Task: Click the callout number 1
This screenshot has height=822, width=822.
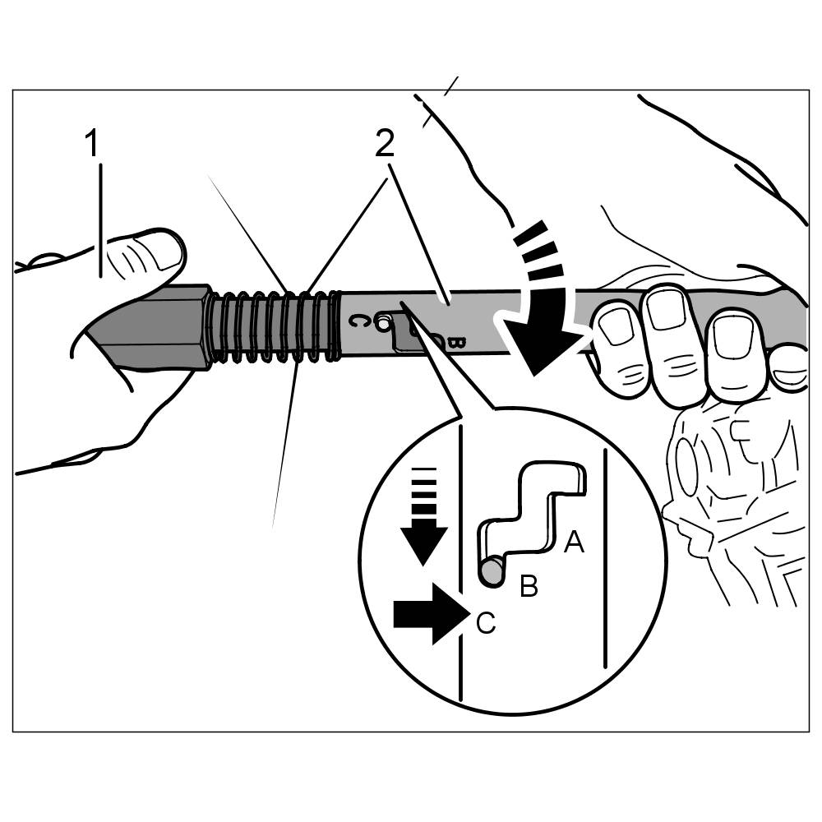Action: pos(93,145)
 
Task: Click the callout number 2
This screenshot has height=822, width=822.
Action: pos(385,144)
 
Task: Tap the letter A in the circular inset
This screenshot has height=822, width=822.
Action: pos(574,541)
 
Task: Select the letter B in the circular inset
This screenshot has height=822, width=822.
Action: pos(529,586)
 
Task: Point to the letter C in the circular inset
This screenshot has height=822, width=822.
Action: pos(486,624)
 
